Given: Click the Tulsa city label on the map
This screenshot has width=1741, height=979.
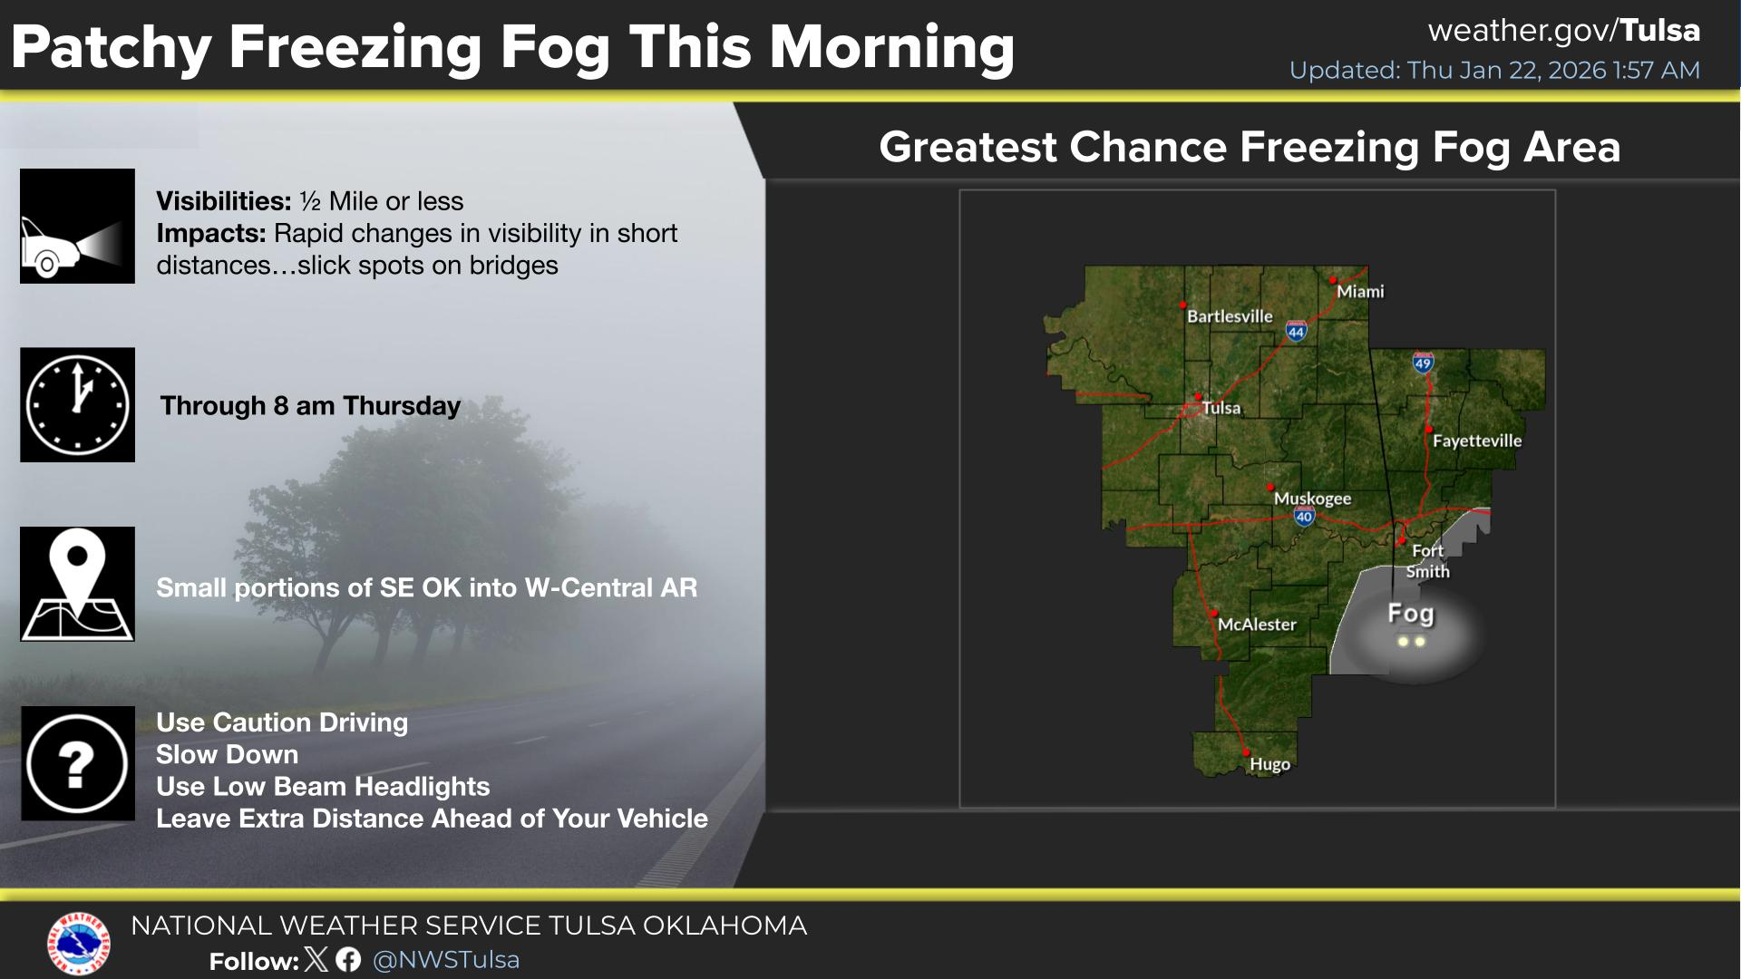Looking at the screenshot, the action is point(1221,408).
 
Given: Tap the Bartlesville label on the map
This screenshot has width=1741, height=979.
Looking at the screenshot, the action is point(1230,316).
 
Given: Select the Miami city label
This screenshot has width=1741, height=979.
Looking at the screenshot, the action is point(1360,291).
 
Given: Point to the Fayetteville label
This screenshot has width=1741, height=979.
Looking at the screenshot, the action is point(1477,441).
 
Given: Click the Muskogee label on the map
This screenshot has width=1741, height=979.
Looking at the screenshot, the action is point(1312,499).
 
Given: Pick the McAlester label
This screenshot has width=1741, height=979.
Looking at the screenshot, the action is point(1257,625).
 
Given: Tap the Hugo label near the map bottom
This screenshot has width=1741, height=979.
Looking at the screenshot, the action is point(1269,764).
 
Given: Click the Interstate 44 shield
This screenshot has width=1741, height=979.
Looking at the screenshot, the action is point(1296,331).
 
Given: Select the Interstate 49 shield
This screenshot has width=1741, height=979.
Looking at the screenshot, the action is point(1423,363).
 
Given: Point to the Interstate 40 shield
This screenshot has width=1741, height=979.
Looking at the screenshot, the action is point(1304,517).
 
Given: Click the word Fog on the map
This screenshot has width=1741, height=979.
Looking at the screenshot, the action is point(1411,614).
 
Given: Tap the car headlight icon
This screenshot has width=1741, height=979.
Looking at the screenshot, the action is point(78,226).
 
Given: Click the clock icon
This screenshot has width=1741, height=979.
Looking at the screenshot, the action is point(78,405).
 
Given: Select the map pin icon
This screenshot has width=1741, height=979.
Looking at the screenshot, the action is point(78,584).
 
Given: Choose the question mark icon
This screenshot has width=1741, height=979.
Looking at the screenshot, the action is point(78,763).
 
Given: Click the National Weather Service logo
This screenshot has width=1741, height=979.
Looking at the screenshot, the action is point(79,944).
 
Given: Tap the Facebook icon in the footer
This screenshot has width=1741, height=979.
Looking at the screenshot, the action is point(348,960).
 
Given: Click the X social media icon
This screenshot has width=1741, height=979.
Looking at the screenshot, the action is point(316,960).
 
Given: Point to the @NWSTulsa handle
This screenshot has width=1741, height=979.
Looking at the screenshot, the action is point(446,960).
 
